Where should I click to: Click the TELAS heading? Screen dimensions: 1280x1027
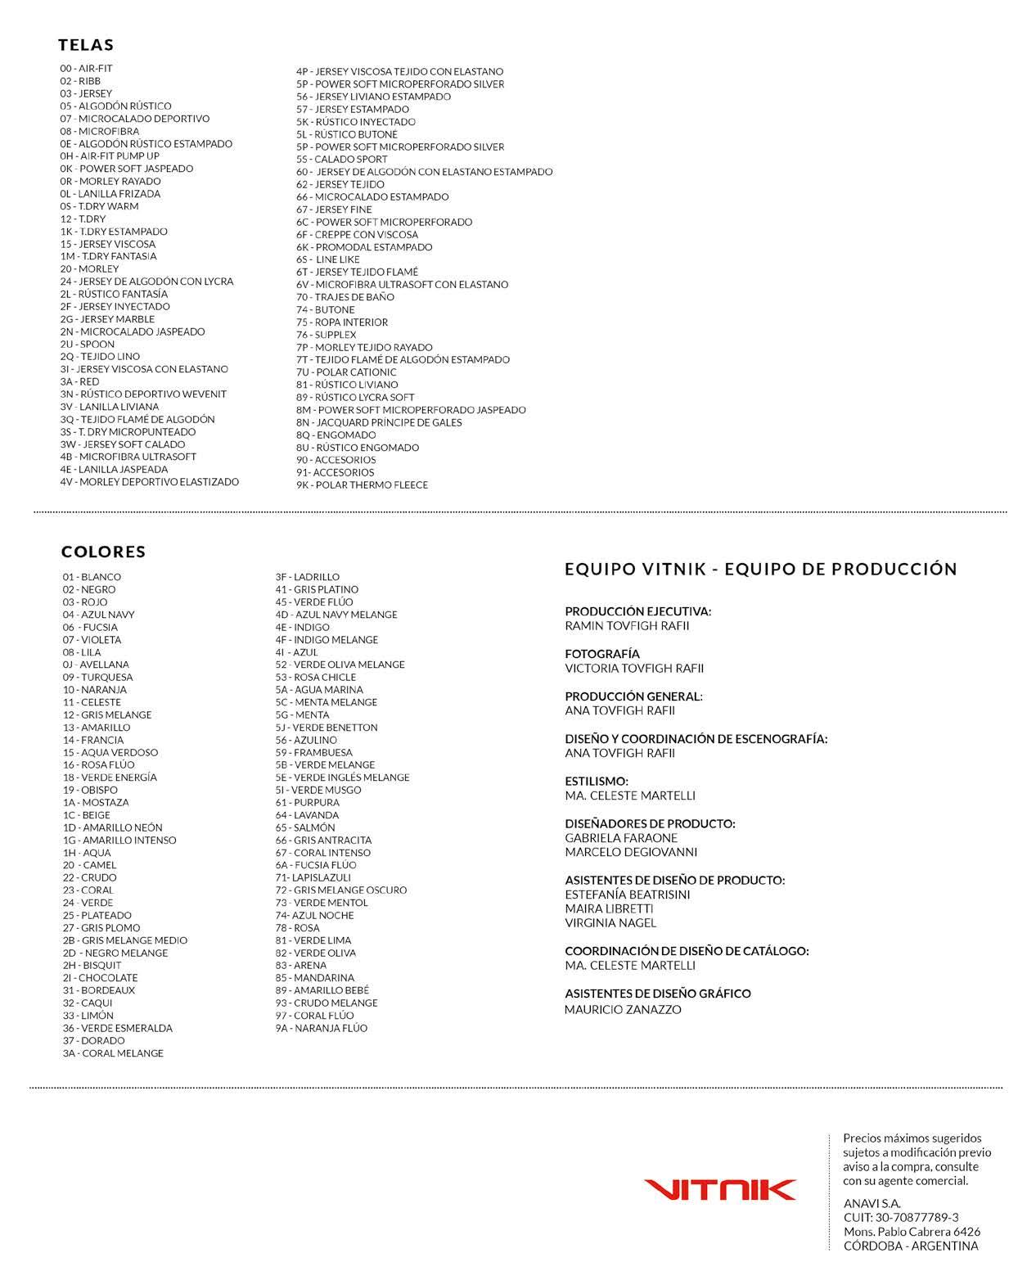(86, 45)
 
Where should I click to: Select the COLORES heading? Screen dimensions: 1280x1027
(103, 552)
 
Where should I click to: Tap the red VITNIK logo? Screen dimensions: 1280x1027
(719, 1190)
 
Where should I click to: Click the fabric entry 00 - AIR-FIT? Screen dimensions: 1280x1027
(86, 69)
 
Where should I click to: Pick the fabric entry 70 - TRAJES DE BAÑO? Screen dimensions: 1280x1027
(345, 297)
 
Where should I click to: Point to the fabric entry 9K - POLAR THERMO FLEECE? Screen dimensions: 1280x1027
(362, 485)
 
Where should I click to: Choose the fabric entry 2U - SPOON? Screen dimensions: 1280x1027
(87, 345)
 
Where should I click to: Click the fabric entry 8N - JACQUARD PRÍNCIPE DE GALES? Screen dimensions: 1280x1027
(379, 422)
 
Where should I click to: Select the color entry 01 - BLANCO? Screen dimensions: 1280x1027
(92, 577)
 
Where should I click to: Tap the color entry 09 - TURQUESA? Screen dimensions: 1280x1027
(97, 678)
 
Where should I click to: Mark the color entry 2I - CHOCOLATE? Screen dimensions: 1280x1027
(100, 978)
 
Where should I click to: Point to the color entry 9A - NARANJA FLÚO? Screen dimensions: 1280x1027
(322, 1028)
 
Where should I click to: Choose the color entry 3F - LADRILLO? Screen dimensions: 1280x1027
(307, 577)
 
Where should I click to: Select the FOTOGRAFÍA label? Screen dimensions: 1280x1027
(602, 654)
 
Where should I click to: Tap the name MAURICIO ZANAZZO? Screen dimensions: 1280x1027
(623, 1010)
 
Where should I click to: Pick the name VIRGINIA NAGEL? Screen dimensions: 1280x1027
(610, 923)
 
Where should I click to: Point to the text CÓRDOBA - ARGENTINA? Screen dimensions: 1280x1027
(911, 1246)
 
